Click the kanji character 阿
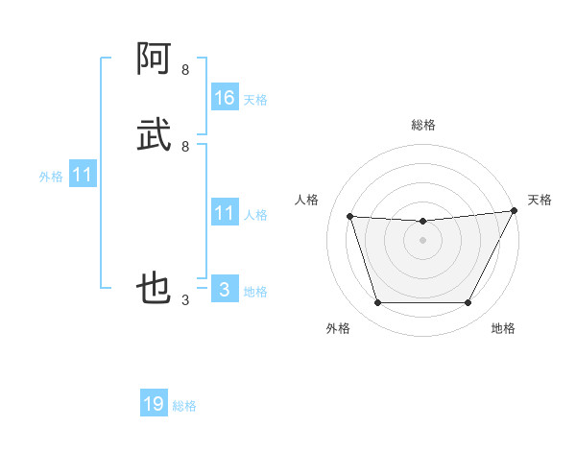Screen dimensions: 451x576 pyautogui.click(x=154, y=59)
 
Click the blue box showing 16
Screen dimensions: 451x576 pyautogui.click(x=225, y=97)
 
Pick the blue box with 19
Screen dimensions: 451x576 pyautogui.click(x=154, y=404)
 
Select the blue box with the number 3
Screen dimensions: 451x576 pyautogui.click(x=225, y=290)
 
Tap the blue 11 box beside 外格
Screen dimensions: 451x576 pyautogui.click(x=83, y=175)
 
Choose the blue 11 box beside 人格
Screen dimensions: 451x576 pyautogui.click(x=225, y=213)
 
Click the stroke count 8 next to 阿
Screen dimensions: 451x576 pyautogui.click(x=185, y=70)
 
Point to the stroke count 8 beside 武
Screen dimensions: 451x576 pyautogui.click(x=185, y=147)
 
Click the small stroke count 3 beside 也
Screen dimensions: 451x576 pyautogui.click(x=185, y=300)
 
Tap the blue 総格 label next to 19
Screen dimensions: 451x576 pyautogui.click(x=184, y=406)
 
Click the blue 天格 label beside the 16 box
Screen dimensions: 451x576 pyautogui.click(x=255, y=99)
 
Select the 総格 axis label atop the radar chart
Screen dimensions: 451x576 pyautogui.click(x=423, y=125)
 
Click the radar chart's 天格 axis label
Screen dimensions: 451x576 pyautogui.click(x=540, y=200)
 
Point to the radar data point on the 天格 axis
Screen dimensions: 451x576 pyautogui.click(x=516, y=211)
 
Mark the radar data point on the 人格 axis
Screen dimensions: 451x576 pyautogui.click(x=349, y=217)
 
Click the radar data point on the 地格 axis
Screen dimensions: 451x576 pyautogui.click(x=468, y=303)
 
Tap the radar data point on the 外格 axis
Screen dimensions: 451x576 pyautogui.click(x=377, y=303)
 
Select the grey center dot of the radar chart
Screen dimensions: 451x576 pyautogui.click(x=423, y=241)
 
